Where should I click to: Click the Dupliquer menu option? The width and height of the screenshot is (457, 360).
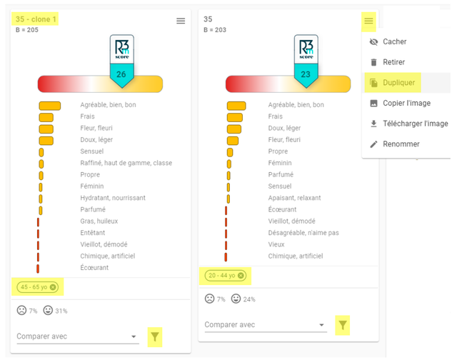click(398, 83)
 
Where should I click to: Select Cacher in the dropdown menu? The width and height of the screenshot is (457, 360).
click(394, 42)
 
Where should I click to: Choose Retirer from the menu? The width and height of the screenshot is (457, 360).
click(393, 62)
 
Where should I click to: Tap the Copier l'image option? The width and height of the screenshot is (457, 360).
click(406, 104)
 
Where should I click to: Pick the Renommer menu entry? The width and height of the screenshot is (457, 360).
click(401, 144)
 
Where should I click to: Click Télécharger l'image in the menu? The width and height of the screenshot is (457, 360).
click(415, 124)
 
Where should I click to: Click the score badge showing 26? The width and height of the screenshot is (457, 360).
click(121, 74)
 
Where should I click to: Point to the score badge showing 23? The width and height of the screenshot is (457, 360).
click(305, 74)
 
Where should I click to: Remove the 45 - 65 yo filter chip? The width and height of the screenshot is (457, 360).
click(53, 287)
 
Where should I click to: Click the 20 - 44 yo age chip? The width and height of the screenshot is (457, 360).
click(221, 276)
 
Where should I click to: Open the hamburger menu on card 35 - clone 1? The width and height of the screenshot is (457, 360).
click(181, 21)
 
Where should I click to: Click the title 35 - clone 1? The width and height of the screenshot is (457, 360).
click(36, 19)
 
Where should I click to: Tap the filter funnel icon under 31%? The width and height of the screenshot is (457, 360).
click(155, 336)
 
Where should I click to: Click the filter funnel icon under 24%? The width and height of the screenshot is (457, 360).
click(343, 325)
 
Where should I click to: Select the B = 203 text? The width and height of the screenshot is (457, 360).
click(215, 30)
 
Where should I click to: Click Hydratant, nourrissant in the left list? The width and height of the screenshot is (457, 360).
click(113, 198)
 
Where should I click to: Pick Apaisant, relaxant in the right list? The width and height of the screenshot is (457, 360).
click(294, 198)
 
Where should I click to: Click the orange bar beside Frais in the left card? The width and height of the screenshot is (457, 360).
click(46, 116)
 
